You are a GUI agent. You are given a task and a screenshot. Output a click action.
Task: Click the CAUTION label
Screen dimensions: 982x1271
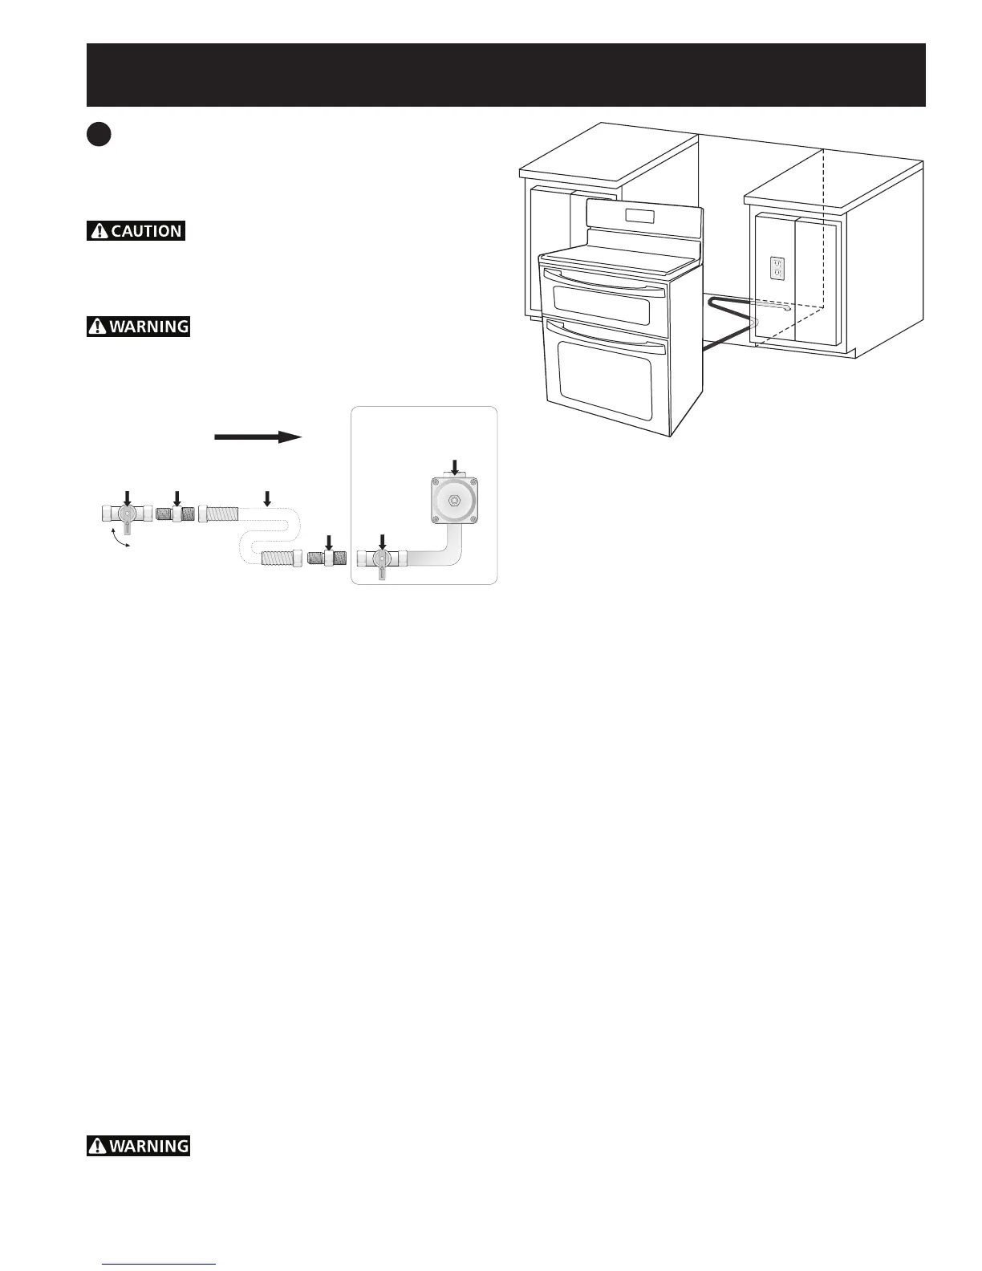[136, 230]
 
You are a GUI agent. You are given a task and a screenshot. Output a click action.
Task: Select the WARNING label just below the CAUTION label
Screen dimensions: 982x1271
[138, 327]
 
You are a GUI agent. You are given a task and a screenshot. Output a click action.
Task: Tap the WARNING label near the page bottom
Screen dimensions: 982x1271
[138, 1146]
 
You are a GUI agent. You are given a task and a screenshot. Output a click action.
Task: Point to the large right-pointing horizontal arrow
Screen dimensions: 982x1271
[258, 437]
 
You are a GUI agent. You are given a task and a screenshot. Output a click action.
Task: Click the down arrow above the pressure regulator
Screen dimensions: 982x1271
[454, 466]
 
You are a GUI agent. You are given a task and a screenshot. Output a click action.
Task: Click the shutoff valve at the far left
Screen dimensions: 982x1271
[127, 514]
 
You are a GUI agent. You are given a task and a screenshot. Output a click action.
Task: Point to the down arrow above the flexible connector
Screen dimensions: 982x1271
[267, 499]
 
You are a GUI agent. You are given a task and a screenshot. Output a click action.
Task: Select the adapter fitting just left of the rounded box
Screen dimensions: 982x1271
[327, 558]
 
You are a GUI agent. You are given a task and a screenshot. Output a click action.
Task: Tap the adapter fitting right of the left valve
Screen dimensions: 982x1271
[177, 513]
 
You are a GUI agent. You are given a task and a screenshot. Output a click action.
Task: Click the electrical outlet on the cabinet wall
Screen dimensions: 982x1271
[777, 268]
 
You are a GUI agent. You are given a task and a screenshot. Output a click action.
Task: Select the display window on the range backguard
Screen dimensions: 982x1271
[637, 216]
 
